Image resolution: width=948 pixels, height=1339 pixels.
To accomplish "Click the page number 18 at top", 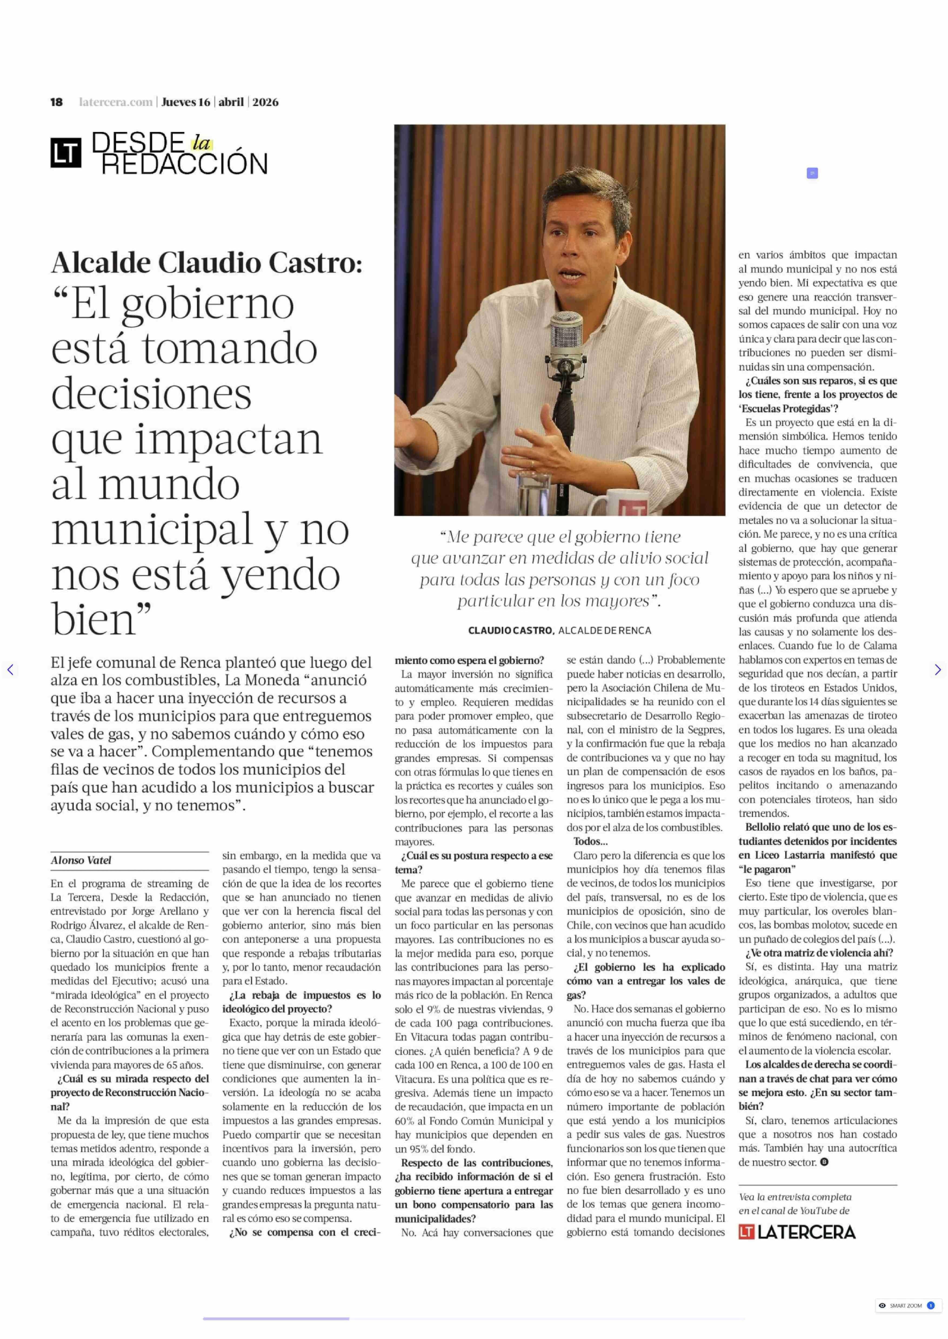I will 57,102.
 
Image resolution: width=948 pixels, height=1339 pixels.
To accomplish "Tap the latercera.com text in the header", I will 116,102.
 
